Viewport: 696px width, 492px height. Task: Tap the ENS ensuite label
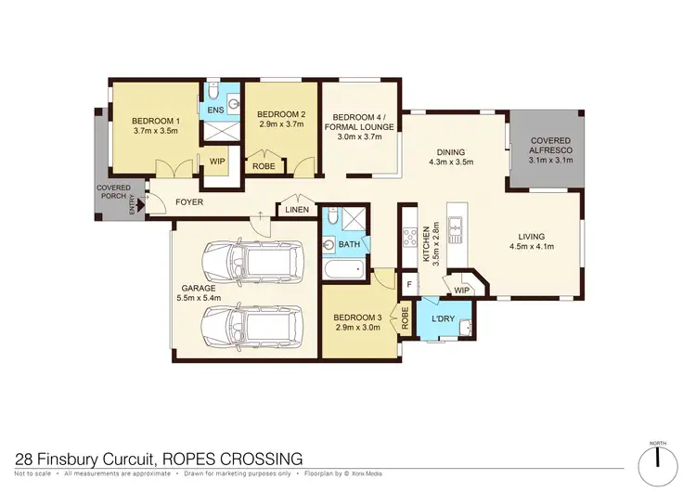[214, 110]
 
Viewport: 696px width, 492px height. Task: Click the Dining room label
[451, 152]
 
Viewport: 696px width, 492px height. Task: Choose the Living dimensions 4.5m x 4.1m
[533, 247]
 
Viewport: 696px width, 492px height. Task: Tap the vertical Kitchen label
[430, 243]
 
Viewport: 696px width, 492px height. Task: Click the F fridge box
[408, 284]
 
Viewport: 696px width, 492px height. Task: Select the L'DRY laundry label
[445, 320]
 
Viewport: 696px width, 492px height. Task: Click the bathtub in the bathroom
[344, 273]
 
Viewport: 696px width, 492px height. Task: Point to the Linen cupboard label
[296, 211]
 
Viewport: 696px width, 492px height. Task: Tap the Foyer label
[188, 202]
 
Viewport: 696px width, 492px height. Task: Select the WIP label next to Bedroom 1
[216, 162]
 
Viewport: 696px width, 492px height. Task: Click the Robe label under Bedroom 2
[263, 167]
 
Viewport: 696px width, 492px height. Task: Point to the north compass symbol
[657, 458]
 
